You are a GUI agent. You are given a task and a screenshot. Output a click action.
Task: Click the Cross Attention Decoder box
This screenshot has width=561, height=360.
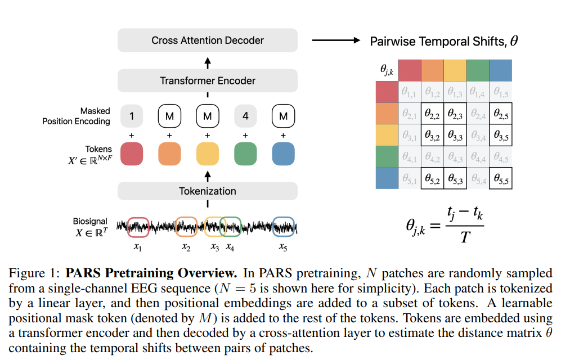[x=207, y=40]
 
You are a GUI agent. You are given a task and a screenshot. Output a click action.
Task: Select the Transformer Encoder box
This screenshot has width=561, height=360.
[x=207, y=80]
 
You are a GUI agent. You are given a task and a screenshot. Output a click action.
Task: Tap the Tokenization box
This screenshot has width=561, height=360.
[x=207, y=191]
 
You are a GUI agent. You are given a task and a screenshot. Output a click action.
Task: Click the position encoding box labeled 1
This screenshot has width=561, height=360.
[x=131, y=116]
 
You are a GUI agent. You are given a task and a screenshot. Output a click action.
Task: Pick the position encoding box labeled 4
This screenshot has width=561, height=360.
[x=245, y=116]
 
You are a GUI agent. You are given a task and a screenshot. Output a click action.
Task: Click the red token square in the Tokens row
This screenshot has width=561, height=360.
[x=131, y=154]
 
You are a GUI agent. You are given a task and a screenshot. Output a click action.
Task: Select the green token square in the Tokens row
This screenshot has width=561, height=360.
[x=245, y=154]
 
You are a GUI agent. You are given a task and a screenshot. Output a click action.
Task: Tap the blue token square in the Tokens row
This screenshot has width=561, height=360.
[x=283, y=154]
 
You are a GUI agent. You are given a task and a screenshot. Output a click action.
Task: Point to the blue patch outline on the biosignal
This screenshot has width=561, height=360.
[x=283, y=227]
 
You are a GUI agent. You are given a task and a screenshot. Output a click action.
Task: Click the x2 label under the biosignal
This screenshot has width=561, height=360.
[x=186, y=246]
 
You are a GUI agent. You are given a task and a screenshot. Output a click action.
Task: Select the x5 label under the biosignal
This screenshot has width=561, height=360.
[x=283, y=246]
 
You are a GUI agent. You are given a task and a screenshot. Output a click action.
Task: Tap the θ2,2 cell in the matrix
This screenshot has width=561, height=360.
[x=432, y=114]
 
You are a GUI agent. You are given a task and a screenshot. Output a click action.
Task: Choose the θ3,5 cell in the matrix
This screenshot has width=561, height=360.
[x=500, y=136]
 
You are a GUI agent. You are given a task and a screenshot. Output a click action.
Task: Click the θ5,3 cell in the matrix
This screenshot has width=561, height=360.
[x=455, y=178]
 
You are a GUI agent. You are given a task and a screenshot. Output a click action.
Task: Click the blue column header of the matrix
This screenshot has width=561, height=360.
[x=500, y=70]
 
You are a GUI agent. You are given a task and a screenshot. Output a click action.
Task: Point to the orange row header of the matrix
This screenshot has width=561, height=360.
[x=387, y=114]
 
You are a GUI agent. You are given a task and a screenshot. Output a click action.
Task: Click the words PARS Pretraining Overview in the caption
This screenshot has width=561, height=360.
[x=151, y=274]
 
